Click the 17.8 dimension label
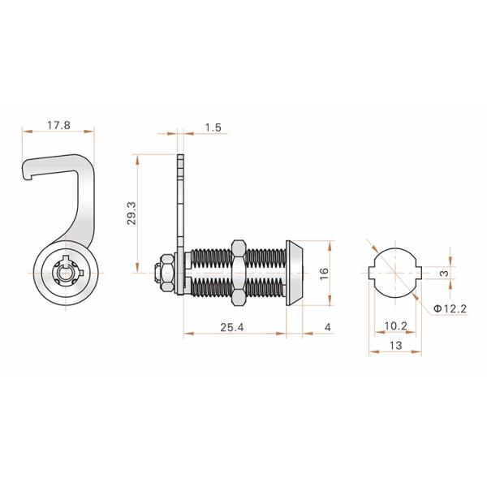pos(58,126)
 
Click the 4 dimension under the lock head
pos(327,328)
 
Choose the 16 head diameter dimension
pos(323,274)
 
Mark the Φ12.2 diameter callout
pos(448,308)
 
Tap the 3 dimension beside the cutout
pos(444,274)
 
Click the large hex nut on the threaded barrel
pos(239,274)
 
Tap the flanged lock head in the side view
pos(295,274)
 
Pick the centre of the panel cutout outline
pos(394,274)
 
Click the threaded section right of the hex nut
pos(266,274)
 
